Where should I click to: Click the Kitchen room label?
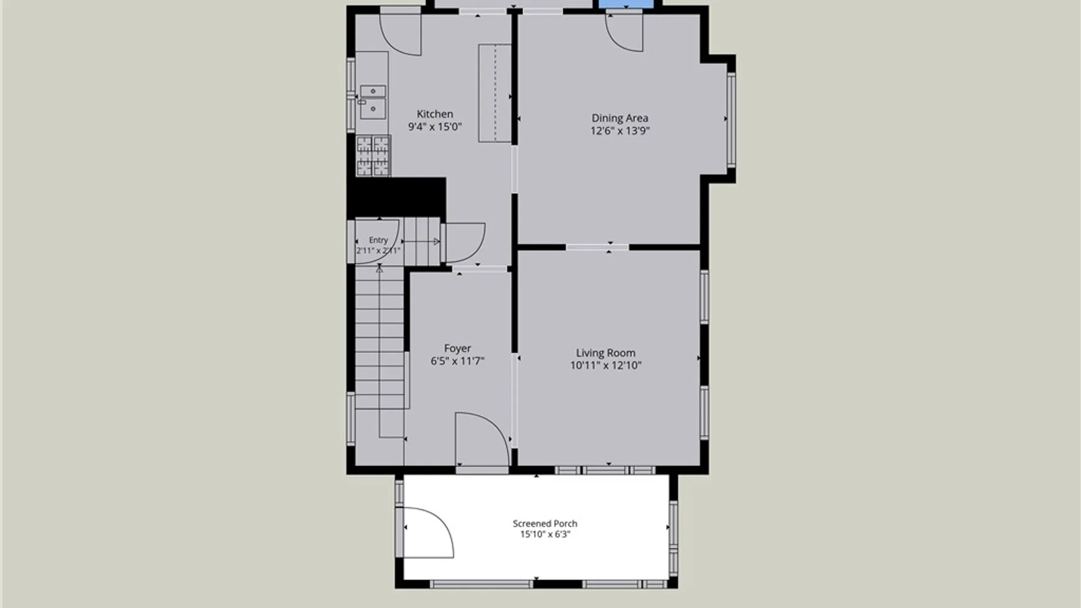[x=435, y=114]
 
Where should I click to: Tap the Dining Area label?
[x=619, y=118]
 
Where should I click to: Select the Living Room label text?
[x=605, y=353]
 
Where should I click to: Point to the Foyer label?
[x=457, y=348]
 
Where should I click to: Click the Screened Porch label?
[x=544, y=524]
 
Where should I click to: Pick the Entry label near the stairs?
[x=378, y=240]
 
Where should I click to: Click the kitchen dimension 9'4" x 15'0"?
[x=435, y=127]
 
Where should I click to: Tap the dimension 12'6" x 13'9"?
[x=620, y=131]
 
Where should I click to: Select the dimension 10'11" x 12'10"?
[x=605, y=365]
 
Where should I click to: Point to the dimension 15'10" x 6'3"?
[x=545, y=534]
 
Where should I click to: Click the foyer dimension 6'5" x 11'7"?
[x=457, y=361]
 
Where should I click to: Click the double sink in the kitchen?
[x=373, y=102]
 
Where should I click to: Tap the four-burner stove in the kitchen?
[x=373, y=155]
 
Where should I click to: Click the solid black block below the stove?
[x=396, y=197]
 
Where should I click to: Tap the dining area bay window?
[x=731, y=119]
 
